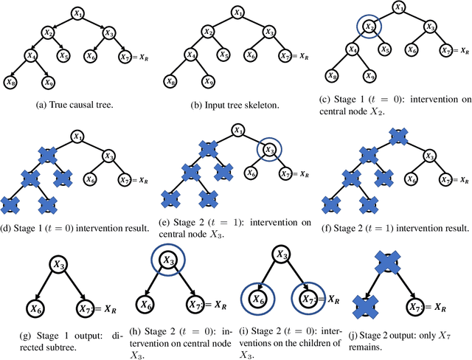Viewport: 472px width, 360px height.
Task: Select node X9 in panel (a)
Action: pos(48,83)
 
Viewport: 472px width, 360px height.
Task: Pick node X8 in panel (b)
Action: pos(172,82)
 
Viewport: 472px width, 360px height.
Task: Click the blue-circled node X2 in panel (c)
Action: pos(370,28)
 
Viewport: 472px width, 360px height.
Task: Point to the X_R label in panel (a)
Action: pos(142,55)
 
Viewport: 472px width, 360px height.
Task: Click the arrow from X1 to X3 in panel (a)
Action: pos(94,22)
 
